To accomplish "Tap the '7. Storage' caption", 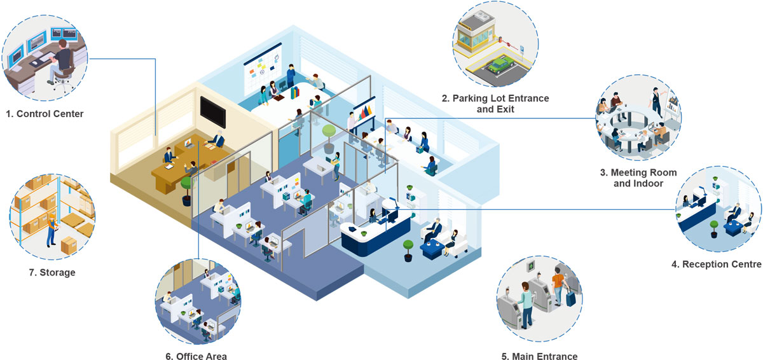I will click(x=53, y=272).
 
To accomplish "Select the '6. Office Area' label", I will click(x=196, y=356).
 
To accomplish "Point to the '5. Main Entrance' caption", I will click(x=539, y=356).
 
